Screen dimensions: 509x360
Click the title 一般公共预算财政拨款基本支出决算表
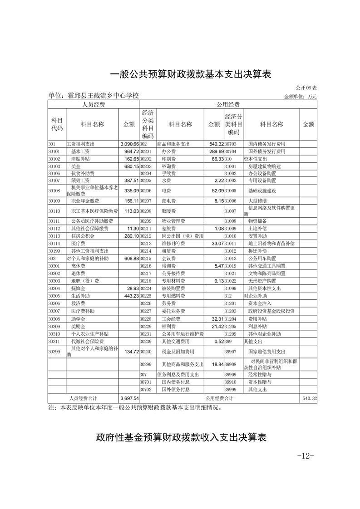coord(191,74)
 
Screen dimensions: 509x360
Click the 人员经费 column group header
coord(94,104)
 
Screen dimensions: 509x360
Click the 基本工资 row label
coord(80,151)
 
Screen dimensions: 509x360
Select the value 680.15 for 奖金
coord(129,166)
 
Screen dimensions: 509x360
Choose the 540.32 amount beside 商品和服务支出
coord(214,144)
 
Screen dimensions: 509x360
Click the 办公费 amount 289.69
coord(214,151)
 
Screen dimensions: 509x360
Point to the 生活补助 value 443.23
coord(129,296)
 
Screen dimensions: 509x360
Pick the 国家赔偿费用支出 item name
coord(266,352)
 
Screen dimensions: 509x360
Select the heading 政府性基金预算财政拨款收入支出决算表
coord(181,438)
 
